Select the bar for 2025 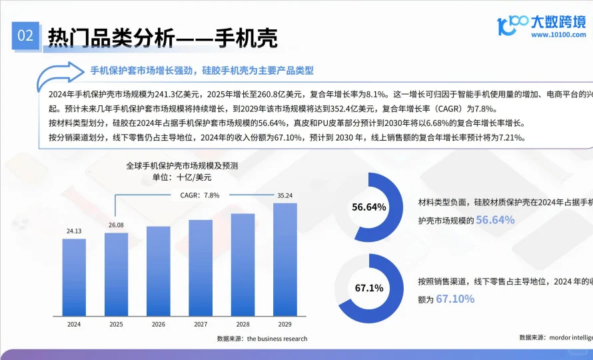(x=116, y=273)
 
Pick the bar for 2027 (x=201, y=267)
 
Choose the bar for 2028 (x=243, y=264)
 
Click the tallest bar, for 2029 (x=285, y=259)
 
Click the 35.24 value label (x=285, y=195)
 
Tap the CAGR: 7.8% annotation (x=200, y=195)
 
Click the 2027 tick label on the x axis (x=201, y=325)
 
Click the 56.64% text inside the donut (x=369, y=207)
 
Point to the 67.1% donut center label (x=369, y=289)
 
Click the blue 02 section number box (x=25, y=36)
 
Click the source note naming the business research (x=262, y=339)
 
